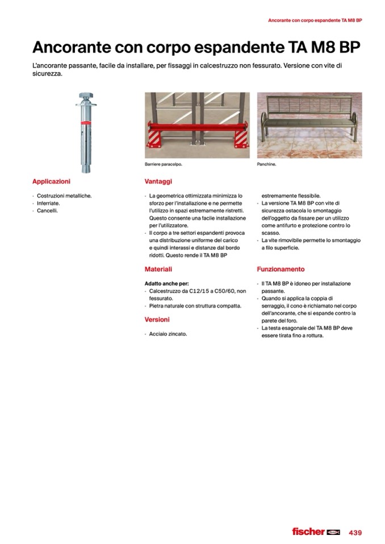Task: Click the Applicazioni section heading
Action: pyautogui.click(x=51, y=182)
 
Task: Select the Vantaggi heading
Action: pyautogui.click(x=158, y=182)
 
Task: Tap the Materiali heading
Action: pyautogui.click(x=158, y=269)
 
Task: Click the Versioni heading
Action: pyautogui.click(x=157, y=319)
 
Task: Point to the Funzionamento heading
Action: pyautogui.click(x=281, y=269)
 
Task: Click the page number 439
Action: pyautogui.click(x=355, y=532)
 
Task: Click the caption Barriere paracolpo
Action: pyautogui.click(x=164, y=165)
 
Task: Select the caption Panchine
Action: pyautogui.click(x=266, y=165)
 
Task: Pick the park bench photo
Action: pyautogui.click(x=309, y=125)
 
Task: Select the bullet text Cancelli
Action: pyautogui.click(x=48, y=210)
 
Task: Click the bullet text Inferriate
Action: pyautogui.click(x=48, y=203)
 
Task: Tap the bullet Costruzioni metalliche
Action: pyautogui.click(x=64, y=196)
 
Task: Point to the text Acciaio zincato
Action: pyautogui.click(x=168, y=334)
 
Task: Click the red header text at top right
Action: pyautogui.click(x=315, y=20)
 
